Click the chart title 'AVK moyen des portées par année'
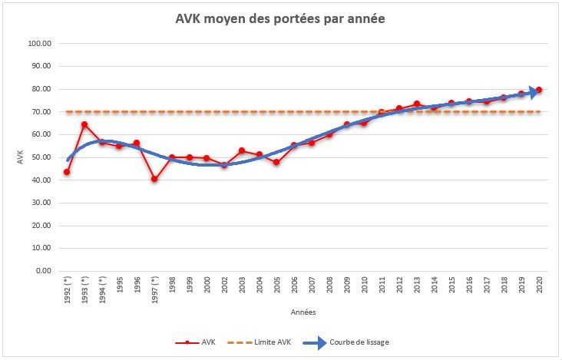(x=280, y=18)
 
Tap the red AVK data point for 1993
(x=84, y=124)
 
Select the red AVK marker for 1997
(x=154, y=179)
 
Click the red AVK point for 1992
(x=67, y=172)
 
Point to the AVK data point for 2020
(x=539, y=90)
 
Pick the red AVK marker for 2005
(x=276, y=162)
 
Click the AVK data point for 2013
(x=416, y=104)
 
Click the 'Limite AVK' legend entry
(x=263, y=342)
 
